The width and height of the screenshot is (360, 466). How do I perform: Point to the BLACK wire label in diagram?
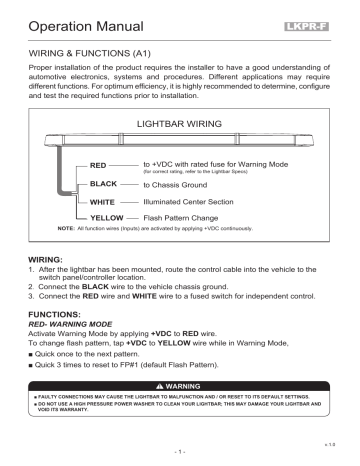[104, 185]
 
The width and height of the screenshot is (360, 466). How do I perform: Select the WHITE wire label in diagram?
[103, 205]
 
